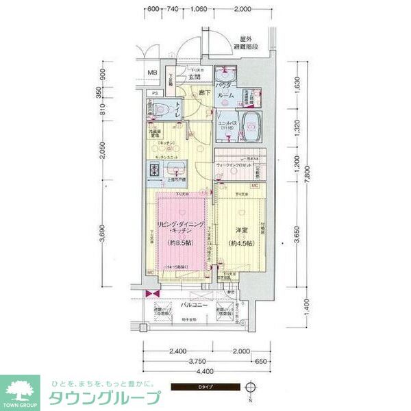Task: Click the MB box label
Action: [x=153, y=73]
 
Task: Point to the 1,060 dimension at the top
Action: [x=199, y=10]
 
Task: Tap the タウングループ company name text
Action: [x=103, y=397]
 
